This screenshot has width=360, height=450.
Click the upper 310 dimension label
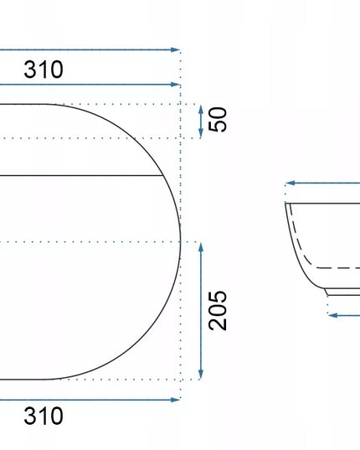(x=44, y=70)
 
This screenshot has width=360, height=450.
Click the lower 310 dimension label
(x=44, y=416)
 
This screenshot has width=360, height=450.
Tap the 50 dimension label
(x=218, y=119)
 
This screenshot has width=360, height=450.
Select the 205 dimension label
(x=218, y=311)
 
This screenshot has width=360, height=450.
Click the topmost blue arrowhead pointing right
(x=176, y=49)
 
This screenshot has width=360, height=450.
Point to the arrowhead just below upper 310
(x=176, y=85)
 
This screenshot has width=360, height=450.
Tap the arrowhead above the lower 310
(x=176, y=400)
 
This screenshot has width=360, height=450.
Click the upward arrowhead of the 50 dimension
(x=201, y=109)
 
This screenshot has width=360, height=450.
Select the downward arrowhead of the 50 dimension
(x=201, y=133)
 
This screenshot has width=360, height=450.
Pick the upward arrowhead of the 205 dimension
(x=201, y=247)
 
